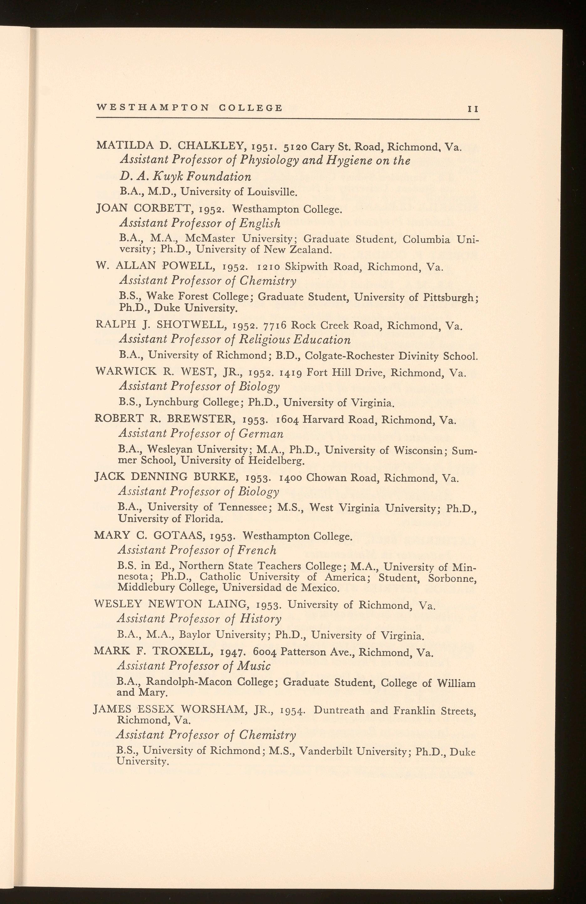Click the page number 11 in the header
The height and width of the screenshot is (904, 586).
click(473, 109)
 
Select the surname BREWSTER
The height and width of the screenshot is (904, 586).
click(201, 420)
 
